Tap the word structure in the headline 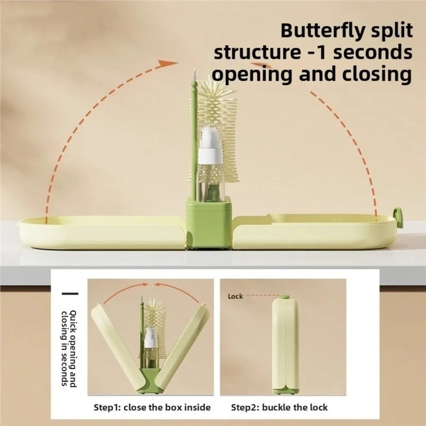tap(257, 52)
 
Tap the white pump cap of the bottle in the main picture tap(210, 146)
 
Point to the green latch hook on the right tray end tap(398, 217)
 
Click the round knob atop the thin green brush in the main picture tap(193, 89)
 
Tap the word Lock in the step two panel tap(235, 296)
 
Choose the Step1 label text tap(107, 408)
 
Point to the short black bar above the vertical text tap(70, 294)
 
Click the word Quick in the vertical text tap(73, 321)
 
